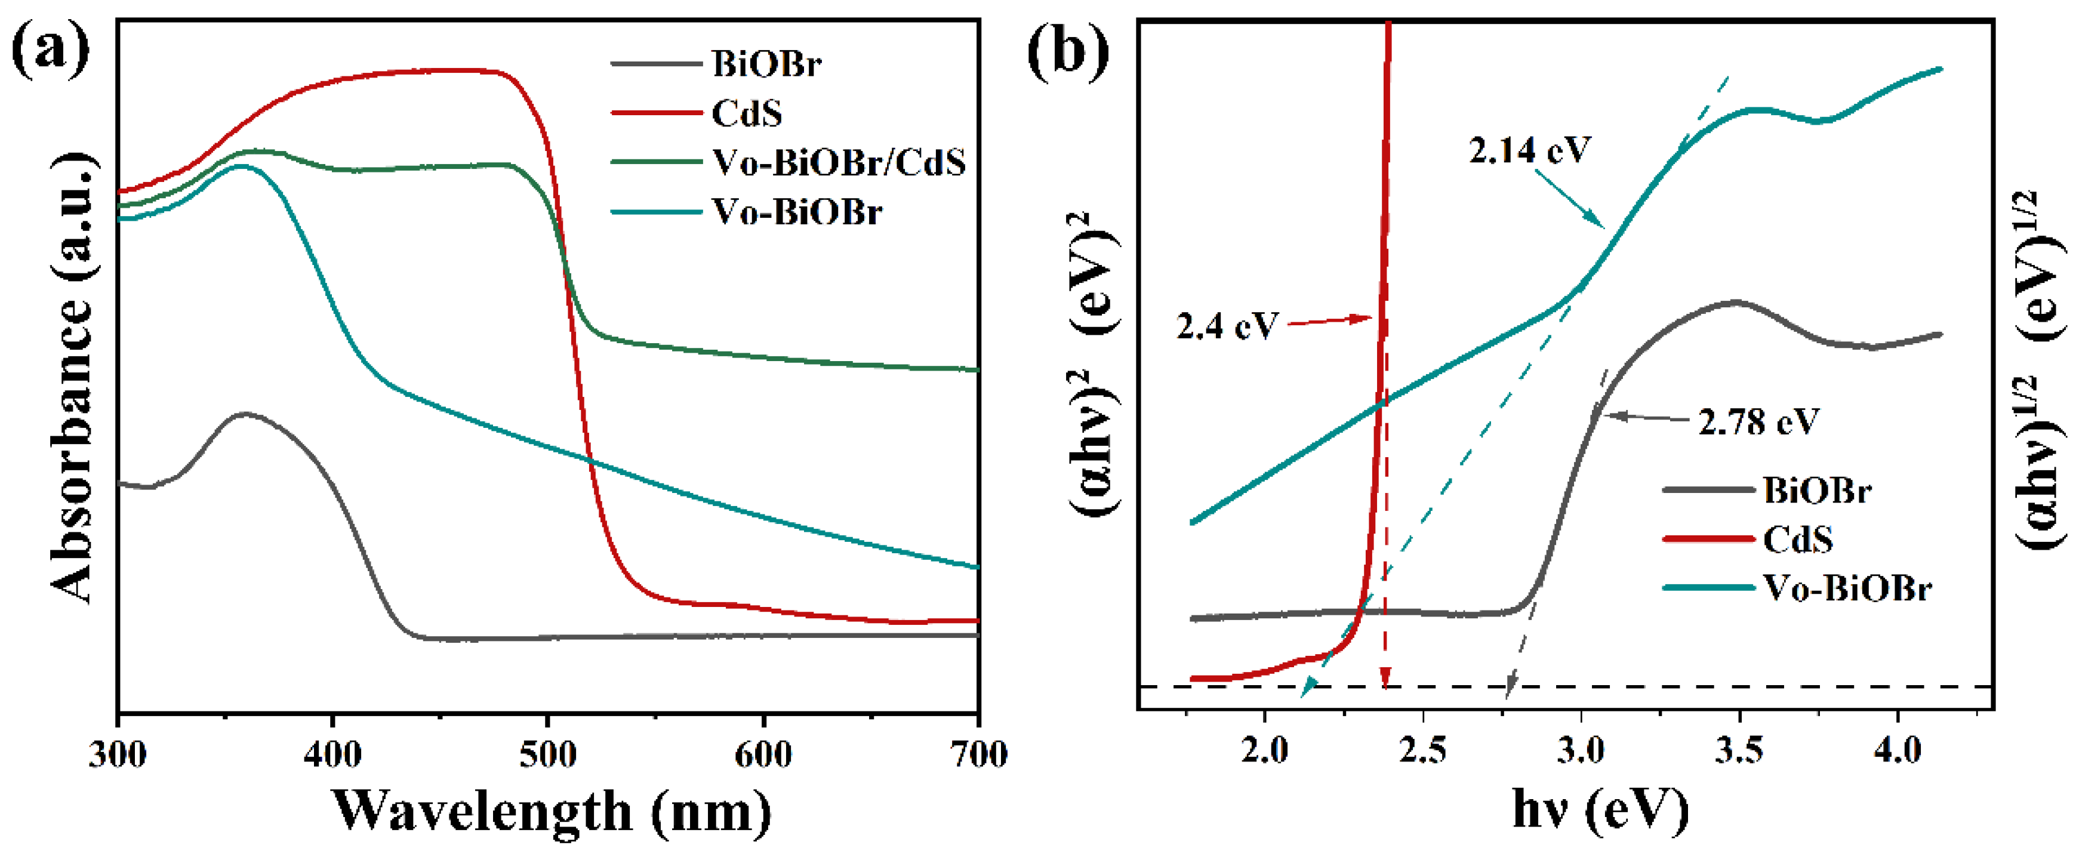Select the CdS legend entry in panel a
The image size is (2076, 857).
pyautogui.click(x=746, y=113)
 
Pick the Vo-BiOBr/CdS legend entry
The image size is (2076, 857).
pyautogui.click(x=838, y=163)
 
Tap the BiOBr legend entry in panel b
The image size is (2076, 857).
pyautogui.click(x=1816, y=490)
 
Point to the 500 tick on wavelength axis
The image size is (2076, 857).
pyautogui.click(x=548, y=755)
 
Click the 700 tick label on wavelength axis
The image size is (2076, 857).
pyautogui.click(x=977, y=755)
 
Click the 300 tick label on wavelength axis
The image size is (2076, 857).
pyautogui.click(x=118, y=755)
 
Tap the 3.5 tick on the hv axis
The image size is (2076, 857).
pyautogui.click(x=1739, y=751)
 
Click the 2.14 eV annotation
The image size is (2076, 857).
pyautogui.click(x=1529, y=150)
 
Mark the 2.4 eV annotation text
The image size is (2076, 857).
pyautogui.click(x=1227, y=326)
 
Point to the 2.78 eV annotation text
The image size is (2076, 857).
pyautogui.click(x=1758, y=421)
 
